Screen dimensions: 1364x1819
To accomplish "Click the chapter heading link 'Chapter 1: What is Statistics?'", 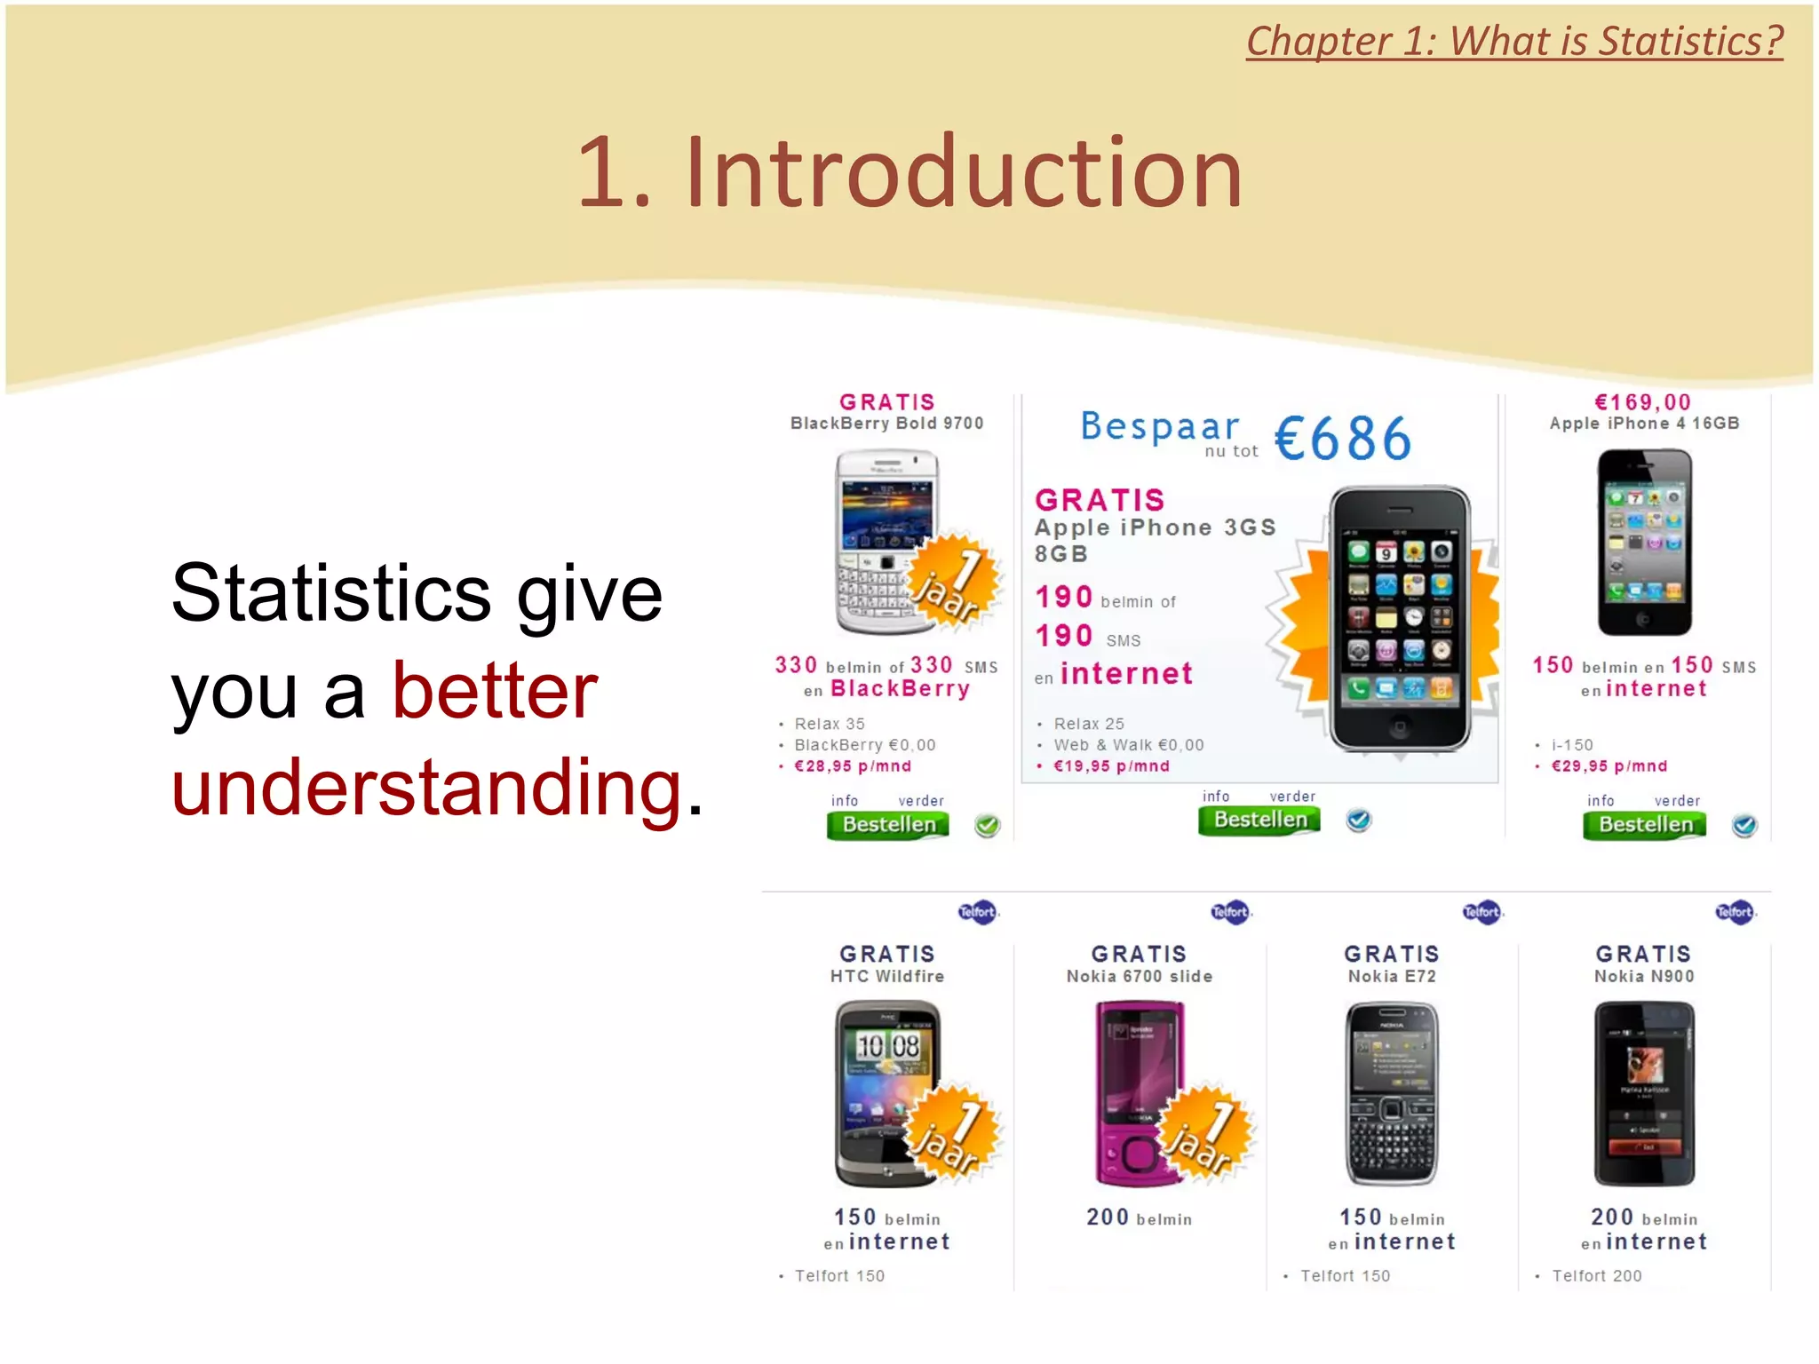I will coord(1513,42).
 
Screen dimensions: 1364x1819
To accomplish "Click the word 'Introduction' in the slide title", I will coord(963,172).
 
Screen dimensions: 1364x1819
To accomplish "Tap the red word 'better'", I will coord(495,691).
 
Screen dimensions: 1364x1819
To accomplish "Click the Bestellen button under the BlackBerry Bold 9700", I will coord(887,825).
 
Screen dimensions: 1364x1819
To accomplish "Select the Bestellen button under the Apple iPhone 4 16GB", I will coord(1644,825).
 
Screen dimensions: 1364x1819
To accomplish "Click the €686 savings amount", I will coord(1342,439).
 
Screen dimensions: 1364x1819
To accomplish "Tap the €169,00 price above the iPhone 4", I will coord(1643,402).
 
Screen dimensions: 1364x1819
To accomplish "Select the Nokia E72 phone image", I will coord(1392,1093).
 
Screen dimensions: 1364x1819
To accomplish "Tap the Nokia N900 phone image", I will coord(1644,1093).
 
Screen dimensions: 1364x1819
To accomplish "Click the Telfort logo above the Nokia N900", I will coord(1734,912).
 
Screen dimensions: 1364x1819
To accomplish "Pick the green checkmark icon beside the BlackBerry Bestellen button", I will coord(987,826).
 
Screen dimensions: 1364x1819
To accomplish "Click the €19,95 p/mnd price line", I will coord(1111,766).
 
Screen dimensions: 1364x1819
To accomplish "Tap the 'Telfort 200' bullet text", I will coord(1596,1276).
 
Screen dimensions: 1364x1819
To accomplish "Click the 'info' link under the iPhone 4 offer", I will coord(1601,801).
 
